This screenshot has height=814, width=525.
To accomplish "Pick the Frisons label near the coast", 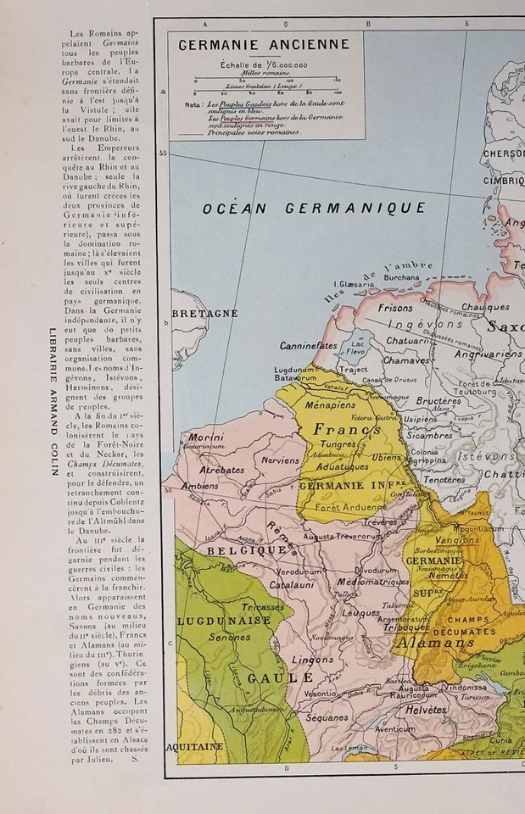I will [395, 308].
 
